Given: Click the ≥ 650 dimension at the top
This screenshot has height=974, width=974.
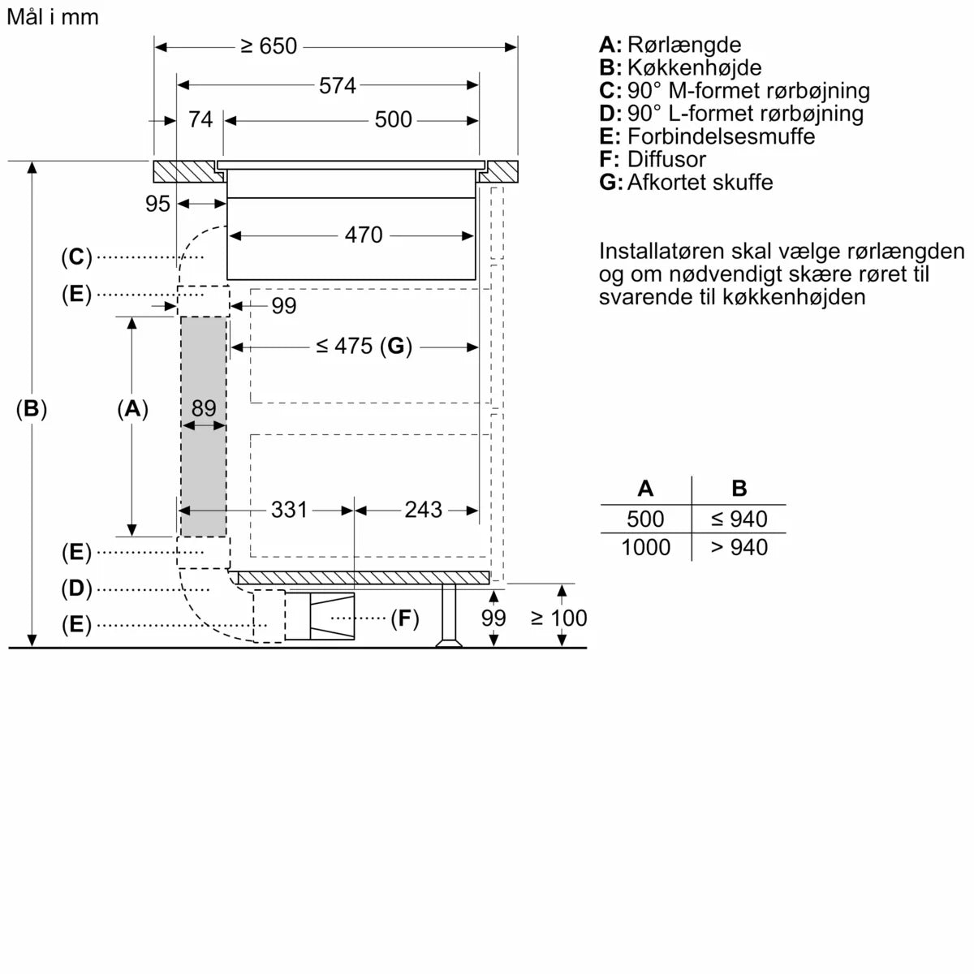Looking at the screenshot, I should (x=269, y=47).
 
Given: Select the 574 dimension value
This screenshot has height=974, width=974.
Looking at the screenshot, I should (x=337, y=85).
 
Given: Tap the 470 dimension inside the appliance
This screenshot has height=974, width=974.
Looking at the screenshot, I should (x=363, y=235).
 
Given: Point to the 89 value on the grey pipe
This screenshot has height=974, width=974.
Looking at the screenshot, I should (x=203, y=408).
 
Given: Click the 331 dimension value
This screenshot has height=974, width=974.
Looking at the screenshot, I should (x=289, y=510).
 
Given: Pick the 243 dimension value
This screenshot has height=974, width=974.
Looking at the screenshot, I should (x=423, y=510).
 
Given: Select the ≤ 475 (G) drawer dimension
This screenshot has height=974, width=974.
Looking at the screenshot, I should (x=364, y=347).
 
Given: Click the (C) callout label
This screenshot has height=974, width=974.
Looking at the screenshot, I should (x=76, y=257).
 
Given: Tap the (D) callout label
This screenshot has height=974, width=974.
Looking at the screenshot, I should (x=76, y=588).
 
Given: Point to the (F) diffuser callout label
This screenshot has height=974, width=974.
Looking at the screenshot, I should (x=404, y=619).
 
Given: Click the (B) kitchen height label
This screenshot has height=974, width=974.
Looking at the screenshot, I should (x=32, y=409).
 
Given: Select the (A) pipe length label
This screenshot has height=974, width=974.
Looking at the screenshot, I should (x=132, y=409).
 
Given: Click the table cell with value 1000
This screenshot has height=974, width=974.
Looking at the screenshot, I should (x=645, y=548).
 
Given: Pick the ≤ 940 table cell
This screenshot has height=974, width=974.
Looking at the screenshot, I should (x=739, y=519).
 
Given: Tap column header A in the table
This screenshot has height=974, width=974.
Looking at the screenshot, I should (x=645, y=489).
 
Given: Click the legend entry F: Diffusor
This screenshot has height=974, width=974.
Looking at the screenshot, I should (x=653, y=159).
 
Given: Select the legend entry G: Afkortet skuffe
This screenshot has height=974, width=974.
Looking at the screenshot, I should (x=686, y=182).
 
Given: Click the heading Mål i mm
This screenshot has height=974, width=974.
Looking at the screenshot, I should (x=52, y=17).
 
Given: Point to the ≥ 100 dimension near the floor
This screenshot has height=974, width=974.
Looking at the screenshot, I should (x=558, y=618).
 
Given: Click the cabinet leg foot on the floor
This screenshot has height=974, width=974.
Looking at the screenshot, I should (x=449, y=644).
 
